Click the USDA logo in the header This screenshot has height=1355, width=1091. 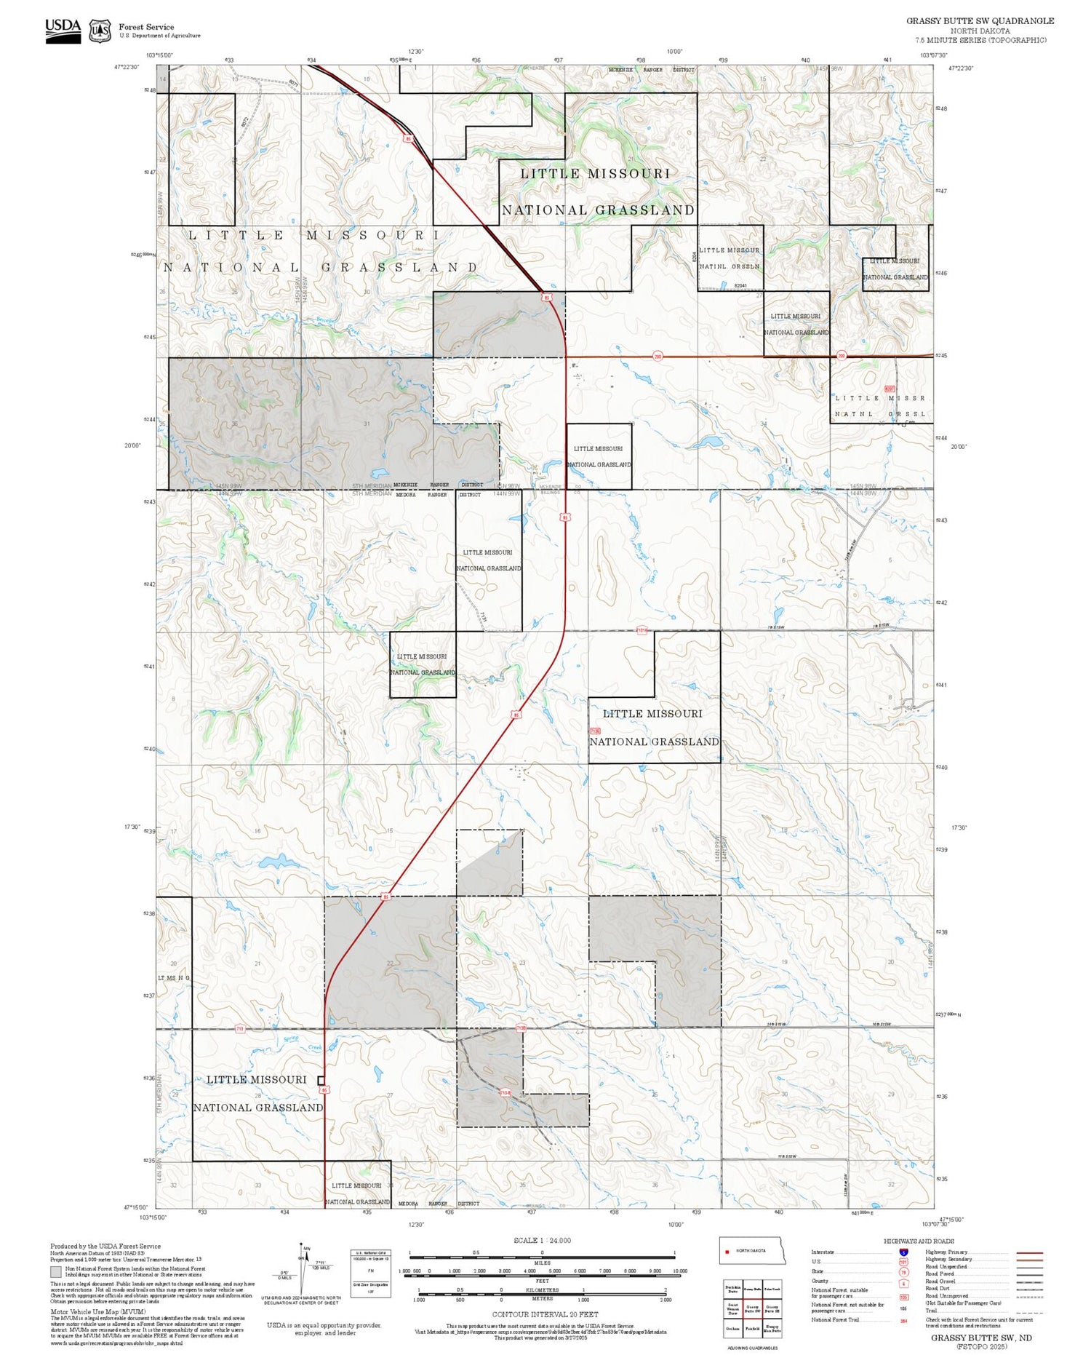pyautogui.click(x=63, y=30)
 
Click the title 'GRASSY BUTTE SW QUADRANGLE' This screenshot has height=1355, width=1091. pyautogui.click(x=980, y=21)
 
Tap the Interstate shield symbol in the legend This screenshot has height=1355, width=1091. pyautogui.click(x=903, y=1252)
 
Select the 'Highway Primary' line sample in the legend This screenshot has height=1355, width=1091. pyautogui.click(x=1026, y=1252)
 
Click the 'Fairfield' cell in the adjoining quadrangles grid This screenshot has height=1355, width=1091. pyautogui.click(x=753, y=1328)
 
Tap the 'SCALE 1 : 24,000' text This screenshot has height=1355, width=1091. pyautogui.click(x=542, y=1240)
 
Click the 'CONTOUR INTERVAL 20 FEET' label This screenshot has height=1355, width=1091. pyautogui.click(x=545, y=1314)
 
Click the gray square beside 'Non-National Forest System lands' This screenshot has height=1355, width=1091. pyautogui.click(x=55, y=1271)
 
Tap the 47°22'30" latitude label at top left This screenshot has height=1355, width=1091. pyautogui.click(x=126, y=67)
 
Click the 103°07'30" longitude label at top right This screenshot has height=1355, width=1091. pyautogui.click(x=933, y=55)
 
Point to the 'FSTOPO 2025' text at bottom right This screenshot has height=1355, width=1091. pyautogui.click(x=981, y=1346)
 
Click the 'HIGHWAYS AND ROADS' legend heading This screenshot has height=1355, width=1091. pyautogui.click(x=919, y=1241)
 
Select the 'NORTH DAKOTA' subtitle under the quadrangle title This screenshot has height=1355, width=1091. pyautogui.click(x=980, y=31)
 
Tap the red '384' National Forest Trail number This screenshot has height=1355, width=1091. pyautogui.click(x=903, y=1321)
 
